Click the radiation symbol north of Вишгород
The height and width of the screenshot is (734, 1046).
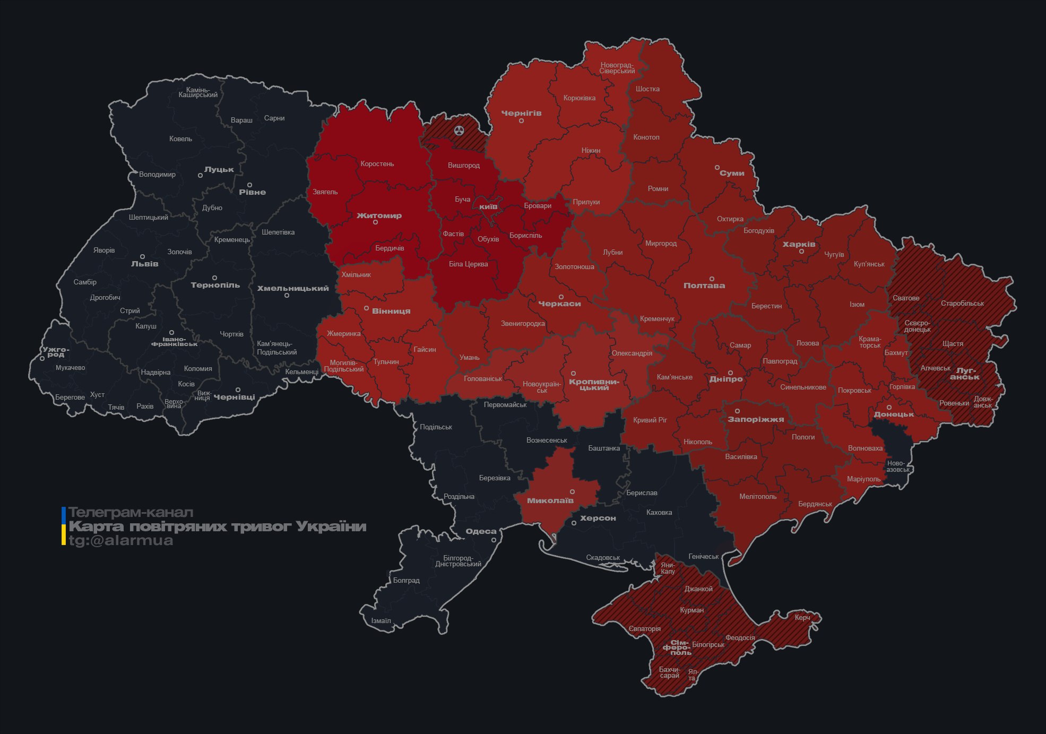(x=459, y=131)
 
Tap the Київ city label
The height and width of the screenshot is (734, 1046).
(x=488, y=206)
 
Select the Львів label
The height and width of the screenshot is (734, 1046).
(x=144, y=264)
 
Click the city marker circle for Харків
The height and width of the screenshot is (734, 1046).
(x=801, y=252)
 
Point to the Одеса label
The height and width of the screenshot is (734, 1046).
(x=481, y=531)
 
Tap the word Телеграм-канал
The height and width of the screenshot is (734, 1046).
(x=131, y=513)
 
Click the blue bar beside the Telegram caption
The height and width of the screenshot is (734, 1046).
(x=64, y=514)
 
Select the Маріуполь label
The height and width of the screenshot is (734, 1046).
(x=863, y=479)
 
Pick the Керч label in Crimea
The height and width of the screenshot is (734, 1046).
(x=802, y=617)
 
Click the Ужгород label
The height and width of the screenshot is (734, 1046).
(x=56, y=352)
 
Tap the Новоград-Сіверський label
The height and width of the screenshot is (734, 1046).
(x=617, y=68)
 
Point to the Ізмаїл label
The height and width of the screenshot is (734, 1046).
(x=381, y=621)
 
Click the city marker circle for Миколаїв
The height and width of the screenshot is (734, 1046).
(x=572, y=492)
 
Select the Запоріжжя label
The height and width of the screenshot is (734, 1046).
(x=755, y=419)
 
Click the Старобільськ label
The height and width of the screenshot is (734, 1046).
(x=962, y=304)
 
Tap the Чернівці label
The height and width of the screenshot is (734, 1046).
(x=234, y=397)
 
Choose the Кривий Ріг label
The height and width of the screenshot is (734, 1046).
(x=650, y=420)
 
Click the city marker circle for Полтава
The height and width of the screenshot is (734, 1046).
(x=712, y=279)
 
